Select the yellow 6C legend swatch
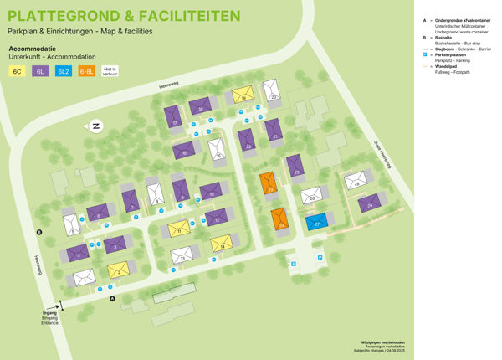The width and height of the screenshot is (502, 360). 18,73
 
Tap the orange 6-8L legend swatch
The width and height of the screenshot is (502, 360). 86,73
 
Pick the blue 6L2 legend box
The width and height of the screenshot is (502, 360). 63,73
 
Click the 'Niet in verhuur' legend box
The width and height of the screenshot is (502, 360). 110,72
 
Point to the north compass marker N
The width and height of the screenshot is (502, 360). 96,126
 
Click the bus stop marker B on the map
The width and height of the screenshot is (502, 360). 38,231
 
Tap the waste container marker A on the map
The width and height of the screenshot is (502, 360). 110,297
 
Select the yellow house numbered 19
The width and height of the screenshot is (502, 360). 243,95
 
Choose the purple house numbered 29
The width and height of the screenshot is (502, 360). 369,203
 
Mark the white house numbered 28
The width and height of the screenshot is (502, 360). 356,181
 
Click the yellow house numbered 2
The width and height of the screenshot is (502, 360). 118,270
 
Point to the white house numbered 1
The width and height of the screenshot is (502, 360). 83,277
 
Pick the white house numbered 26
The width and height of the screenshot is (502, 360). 312,196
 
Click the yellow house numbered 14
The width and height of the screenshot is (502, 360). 222,243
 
